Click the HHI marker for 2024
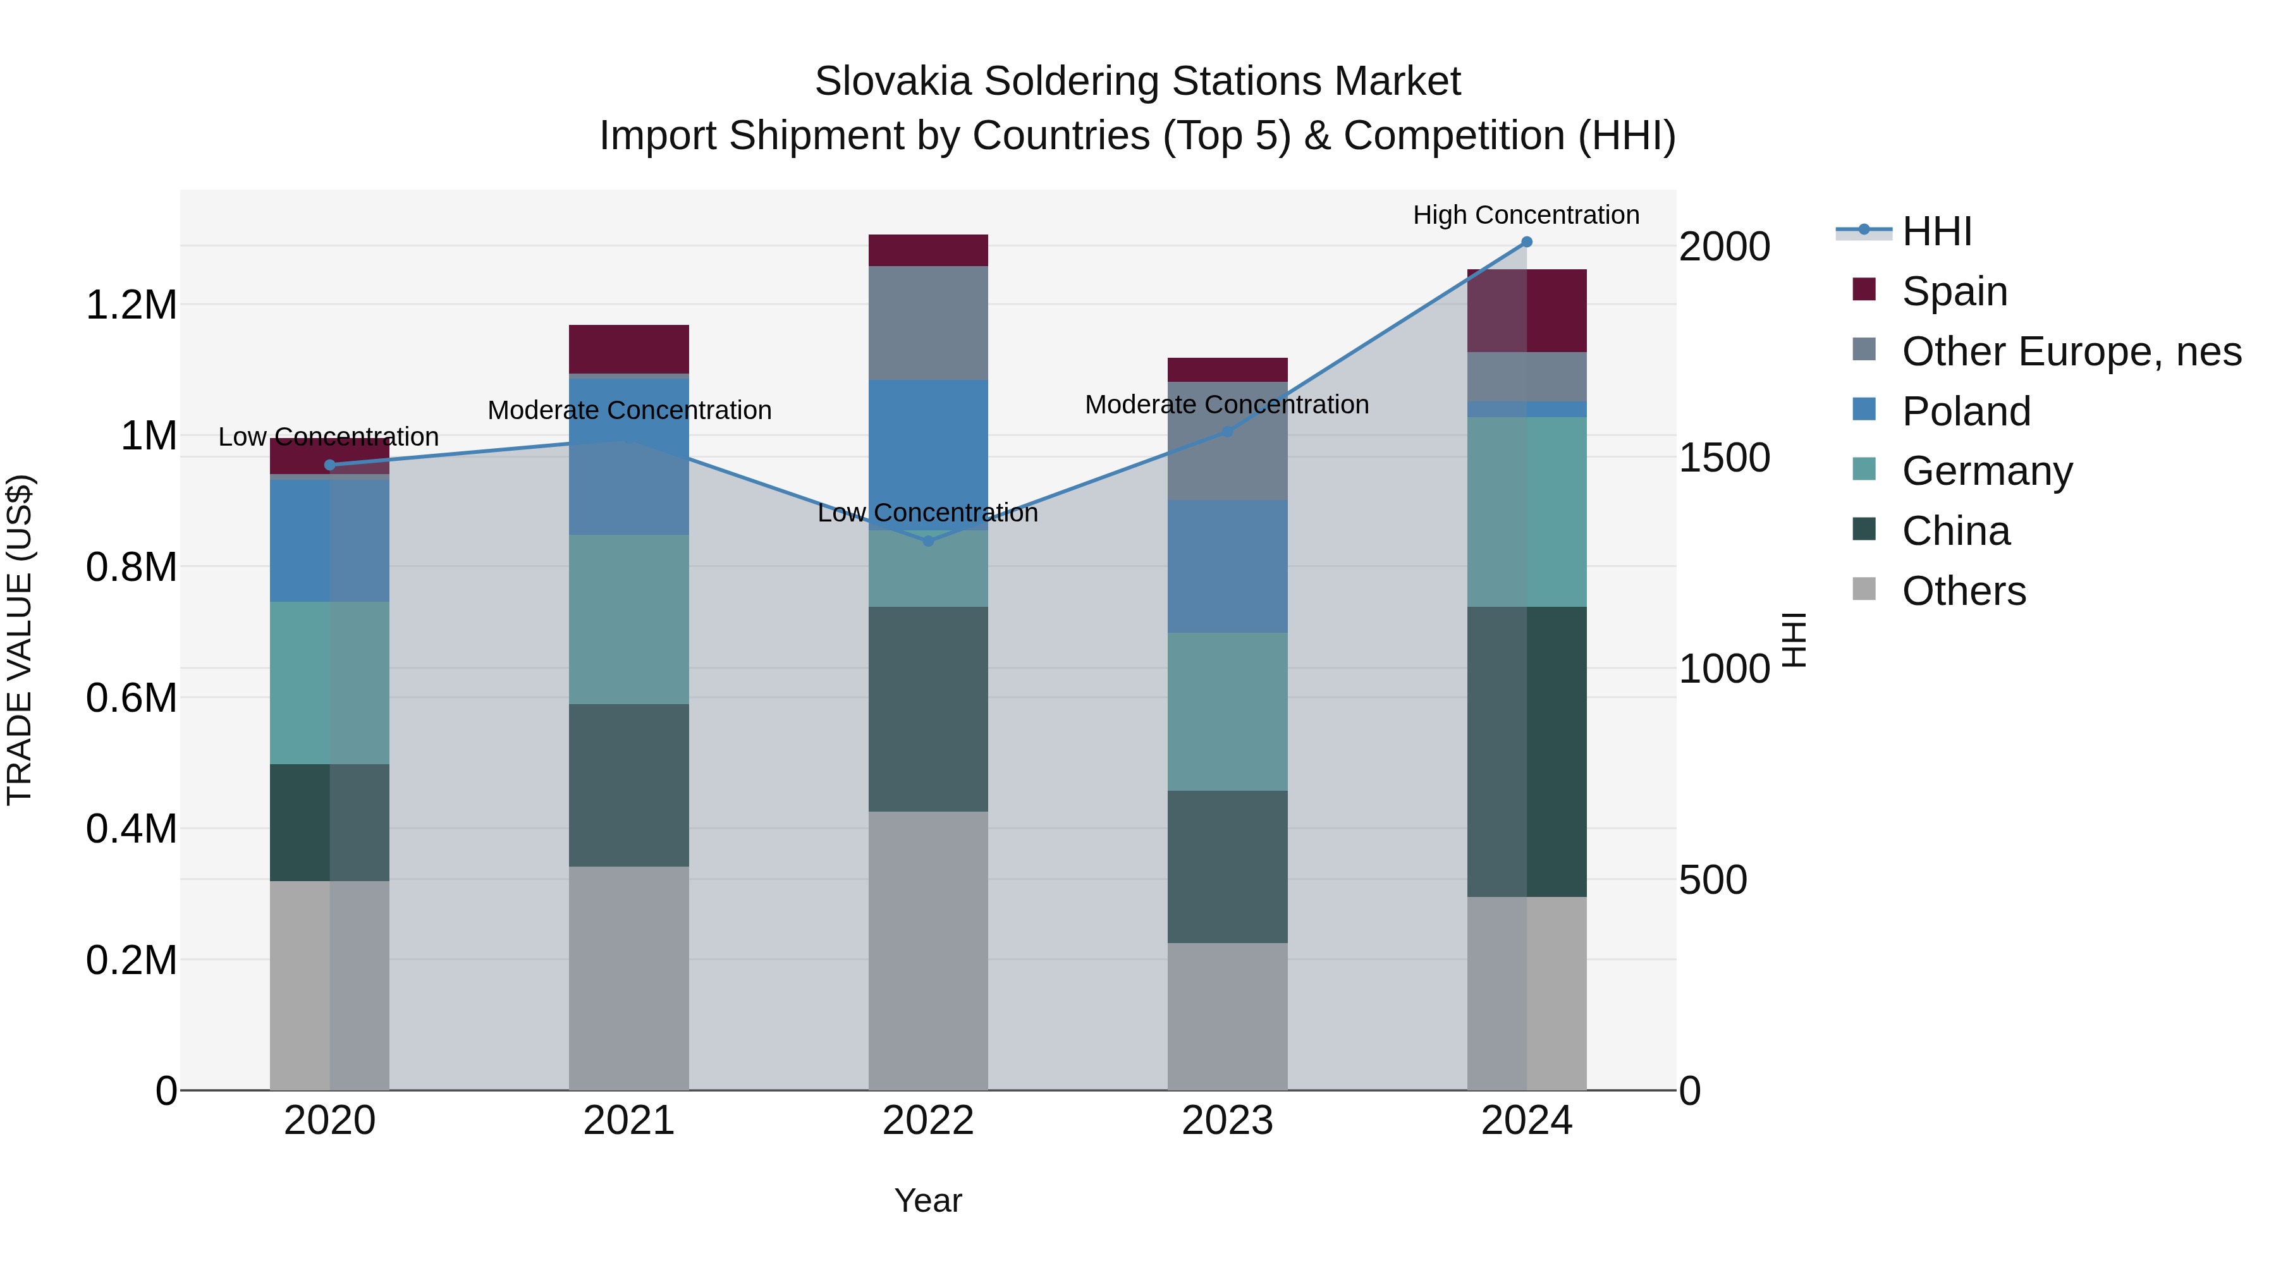[1526, 242]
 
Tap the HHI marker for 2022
[927, 540]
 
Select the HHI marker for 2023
[1227, 431]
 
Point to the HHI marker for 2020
[329, 465]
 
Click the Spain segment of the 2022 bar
[927, 250]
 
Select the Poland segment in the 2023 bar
[1227, 566]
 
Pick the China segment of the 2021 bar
[628, 784]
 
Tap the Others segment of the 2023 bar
[1227, 1016]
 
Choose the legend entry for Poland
[1966, 411]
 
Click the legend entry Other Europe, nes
[2070, 351]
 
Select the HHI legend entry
[1936, 231]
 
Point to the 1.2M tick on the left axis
[131, 306]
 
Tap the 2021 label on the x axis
[628, 1121]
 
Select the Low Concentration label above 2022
[927, 513]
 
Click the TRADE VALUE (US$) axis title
[20, 640]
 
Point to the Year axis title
[927, 1200]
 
